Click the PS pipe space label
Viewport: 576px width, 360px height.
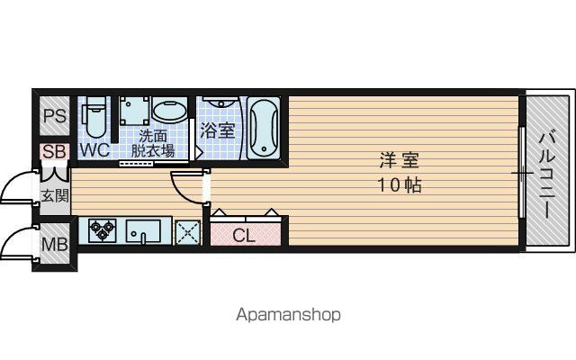55,116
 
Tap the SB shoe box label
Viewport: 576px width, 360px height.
54,151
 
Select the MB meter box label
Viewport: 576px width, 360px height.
55,244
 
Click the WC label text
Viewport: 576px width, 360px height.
94,150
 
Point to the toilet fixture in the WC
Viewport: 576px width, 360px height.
94,116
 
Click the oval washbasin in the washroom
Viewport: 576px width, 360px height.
169,110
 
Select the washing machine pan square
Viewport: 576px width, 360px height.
134,111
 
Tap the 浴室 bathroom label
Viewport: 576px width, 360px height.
218,130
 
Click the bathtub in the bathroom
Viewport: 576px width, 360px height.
264,128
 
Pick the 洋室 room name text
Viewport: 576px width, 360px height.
399,160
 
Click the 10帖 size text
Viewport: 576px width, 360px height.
400,184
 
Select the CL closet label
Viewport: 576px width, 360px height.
244,236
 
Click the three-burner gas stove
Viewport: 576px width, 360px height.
103,230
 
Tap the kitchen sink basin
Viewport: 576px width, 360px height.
143,230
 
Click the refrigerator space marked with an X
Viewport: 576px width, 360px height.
188,232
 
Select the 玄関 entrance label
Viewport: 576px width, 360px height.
55,196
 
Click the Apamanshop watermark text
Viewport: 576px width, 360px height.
288,315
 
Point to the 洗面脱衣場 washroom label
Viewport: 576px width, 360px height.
153,144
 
